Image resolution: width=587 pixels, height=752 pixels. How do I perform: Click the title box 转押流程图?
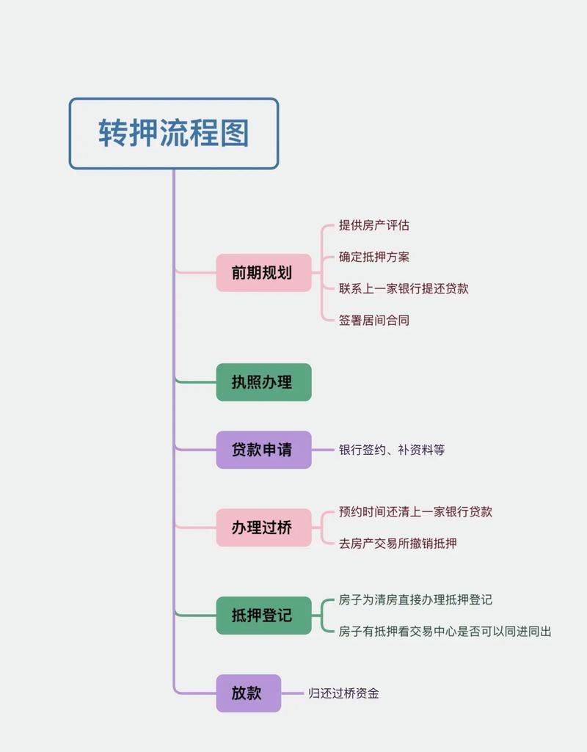click(x=174, y=134)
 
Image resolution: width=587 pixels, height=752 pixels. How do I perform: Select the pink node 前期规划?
click(x=263, y=273)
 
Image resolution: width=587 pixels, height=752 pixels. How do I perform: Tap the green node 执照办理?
click(x=263, y=382)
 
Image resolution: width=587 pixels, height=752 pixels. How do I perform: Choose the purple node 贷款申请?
click(x=263, y=450)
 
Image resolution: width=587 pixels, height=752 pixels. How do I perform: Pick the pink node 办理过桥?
click(x=263, y=528)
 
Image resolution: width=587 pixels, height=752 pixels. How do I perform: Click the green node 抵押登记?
click(x=263, y=616)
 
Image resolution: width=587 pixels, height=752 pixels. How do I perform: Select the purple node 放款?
click(x=248, y=693)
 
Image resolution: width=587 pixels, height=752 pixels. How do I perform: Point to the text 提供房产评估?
click(x=374, y=225)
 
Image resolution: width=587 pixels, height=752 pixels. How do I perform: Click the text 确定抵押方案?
click(x=374, y=257)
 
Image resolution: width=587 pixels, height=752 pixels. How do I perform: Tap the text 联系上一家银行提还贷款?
click(x=404, y=288)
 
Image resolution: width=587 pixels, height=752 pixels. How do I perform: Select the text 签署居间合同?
click(x=374, y=320)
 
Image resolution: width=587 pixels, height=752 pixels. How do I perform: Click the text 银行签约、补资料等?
click(x=392, y=450)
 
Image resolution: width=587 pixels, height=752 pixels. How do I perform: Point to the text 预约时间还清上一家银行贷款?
click(x=415, y=511)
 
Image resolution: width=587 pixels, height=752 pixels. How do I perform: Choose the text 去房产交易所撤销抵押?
click(x=398, y=544)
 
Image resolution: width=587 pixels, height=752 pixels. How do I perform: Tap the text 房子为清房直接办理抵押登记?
click(x=415, y=599)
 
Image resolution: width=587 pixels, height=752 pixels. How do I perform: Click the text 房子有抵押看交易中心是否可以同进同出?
click(x=445, y=631)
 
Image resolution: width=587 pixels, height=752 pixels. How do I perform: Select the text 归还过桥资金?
click(x=344, y=693)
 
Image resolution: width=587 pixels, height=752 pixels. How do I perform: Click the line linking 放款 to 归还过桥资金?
click(x=293, y=693)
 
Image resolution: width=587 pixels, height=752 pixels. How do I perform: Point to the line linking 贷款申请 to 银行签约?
click(x=323, y=450)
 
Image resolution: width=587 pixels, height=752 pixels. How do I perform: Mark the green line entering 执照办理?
click(x=197, y=382)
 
